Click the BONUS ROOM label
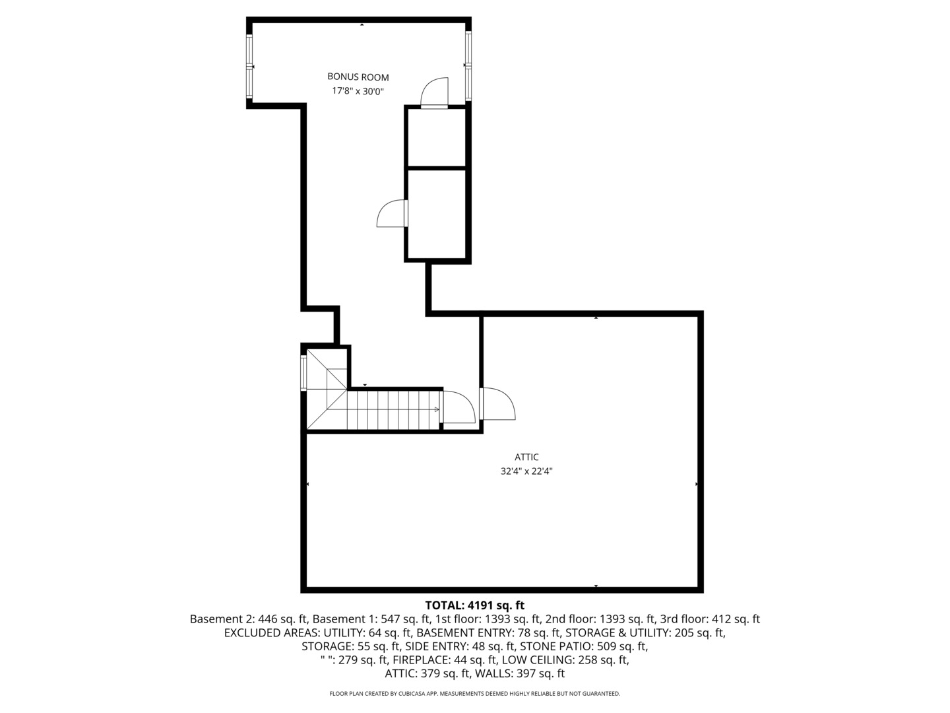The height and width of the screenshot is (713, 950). (358, 77)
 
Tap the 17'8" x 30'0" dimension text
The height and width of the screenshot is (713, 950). (358, 92)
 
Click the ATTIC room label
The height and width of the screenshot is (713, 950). (526, 457)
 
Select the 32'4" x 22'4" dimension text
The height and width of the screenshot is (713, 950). (526, 471)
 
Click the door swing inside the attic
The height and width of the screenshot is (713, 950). (498, 404)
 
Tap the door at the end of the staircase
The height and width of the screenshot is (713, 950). (458, 407)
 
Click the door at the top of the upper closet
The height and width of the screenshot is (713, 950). (435, 92)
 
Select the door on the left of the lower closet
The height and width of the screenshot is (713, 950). (392, 213)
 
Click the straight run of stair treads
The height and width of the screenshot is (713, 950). (393, 410)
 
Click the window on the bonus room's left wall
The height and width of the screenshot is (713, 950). (249, 67)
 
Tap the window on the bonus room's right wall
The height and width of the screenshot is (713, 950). (468, 65)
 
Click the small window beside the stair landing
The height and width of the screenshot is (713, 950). (303, 373)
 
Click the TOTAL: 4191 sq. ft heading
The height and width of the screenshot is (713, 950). (474, 605)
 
